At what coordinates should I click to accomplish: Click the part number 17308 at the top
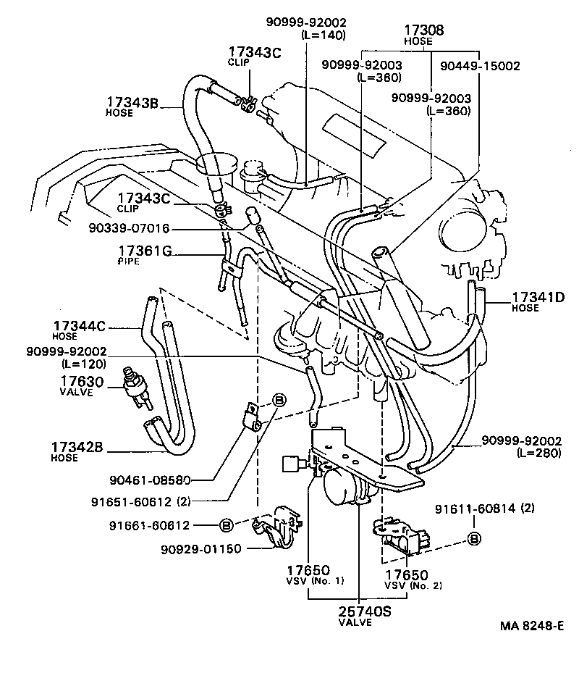click(423, 30)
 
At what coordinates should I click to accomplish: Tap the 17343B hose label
click(132, 102)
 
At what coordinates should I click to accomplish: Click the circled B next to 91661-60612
click(225, 524)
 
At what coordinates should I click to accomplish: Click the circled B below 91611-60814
click(475, 538)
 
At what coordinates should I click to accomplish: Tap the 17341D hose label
click(543, 297)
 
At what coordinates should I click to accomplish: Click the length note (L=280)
click(539, 452)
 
